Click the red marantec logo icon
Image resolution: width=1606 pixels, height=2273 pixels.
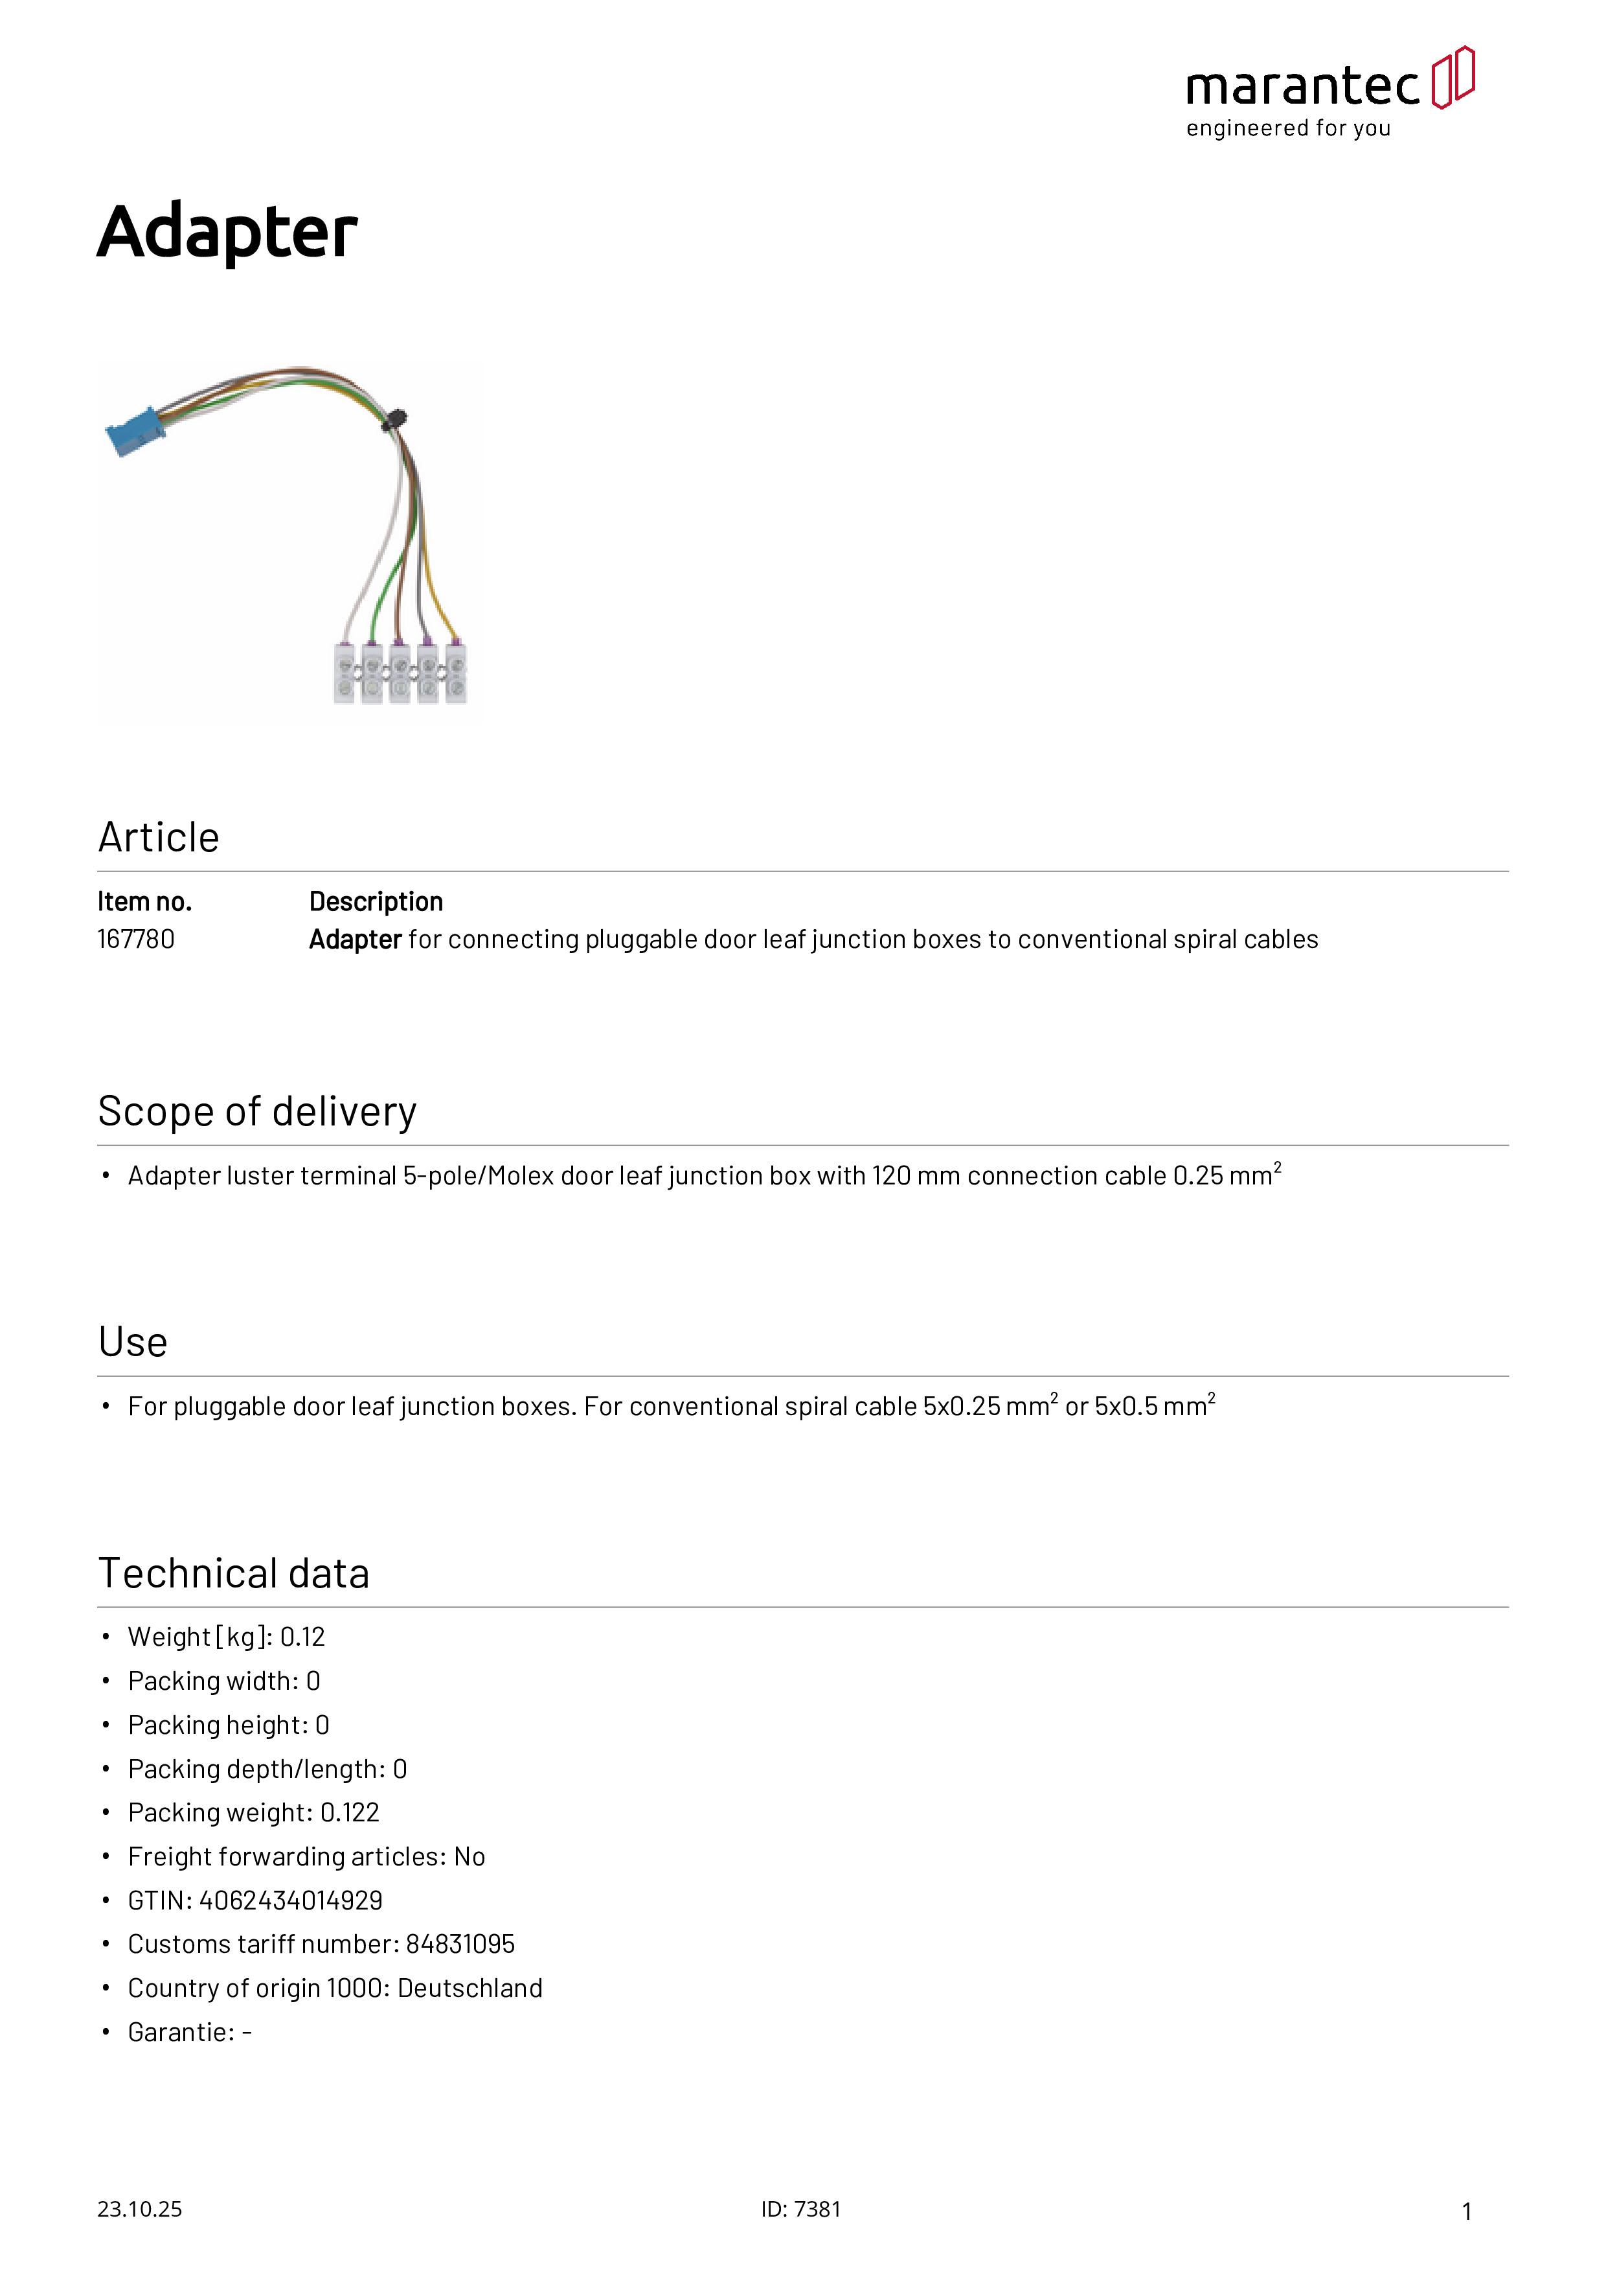1453,77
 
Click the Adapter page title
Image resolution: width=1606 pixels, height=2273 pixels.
227,232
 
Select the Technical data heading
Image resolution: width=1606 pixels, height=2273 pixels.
234,1573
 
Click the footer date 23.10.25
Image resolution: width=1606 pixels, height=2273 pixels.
139,2209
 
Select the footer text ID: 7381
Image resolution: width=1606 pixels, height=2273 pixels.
800,2209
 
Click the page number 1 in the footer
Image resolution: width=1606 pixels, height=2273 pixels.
1467,2211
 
